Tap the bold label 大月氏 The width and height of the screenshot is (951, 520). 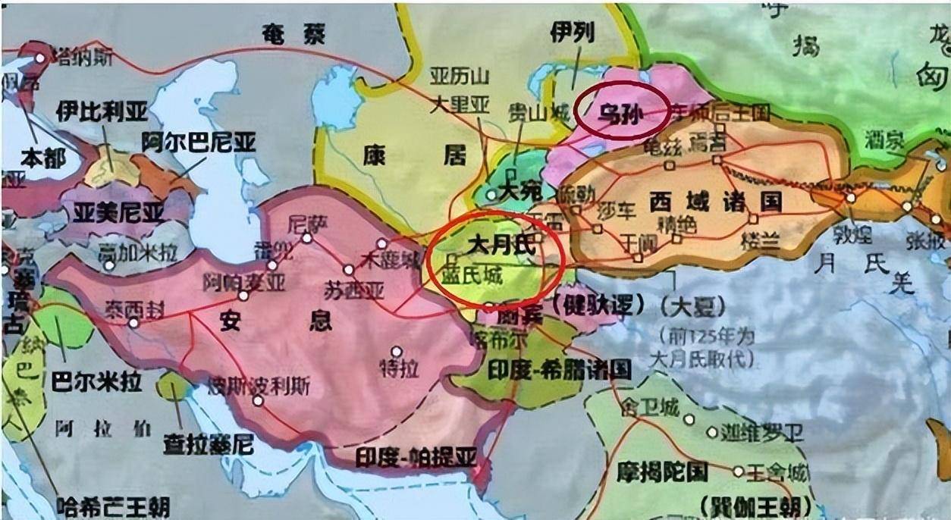[501, 246]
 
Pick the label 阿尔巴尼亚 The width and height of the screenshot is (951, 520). [199, 142]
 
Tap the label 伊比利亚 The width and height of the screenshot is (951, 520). [102, 112]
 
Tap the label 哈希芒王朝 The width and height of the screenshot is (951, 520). [113, 503]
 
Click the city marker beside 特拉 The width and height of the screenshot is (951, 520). [396, 351]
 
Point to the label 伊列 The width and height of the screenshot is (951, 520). [573, 32]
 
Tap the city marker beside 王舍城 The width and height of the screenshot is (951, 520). [738, 471]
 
